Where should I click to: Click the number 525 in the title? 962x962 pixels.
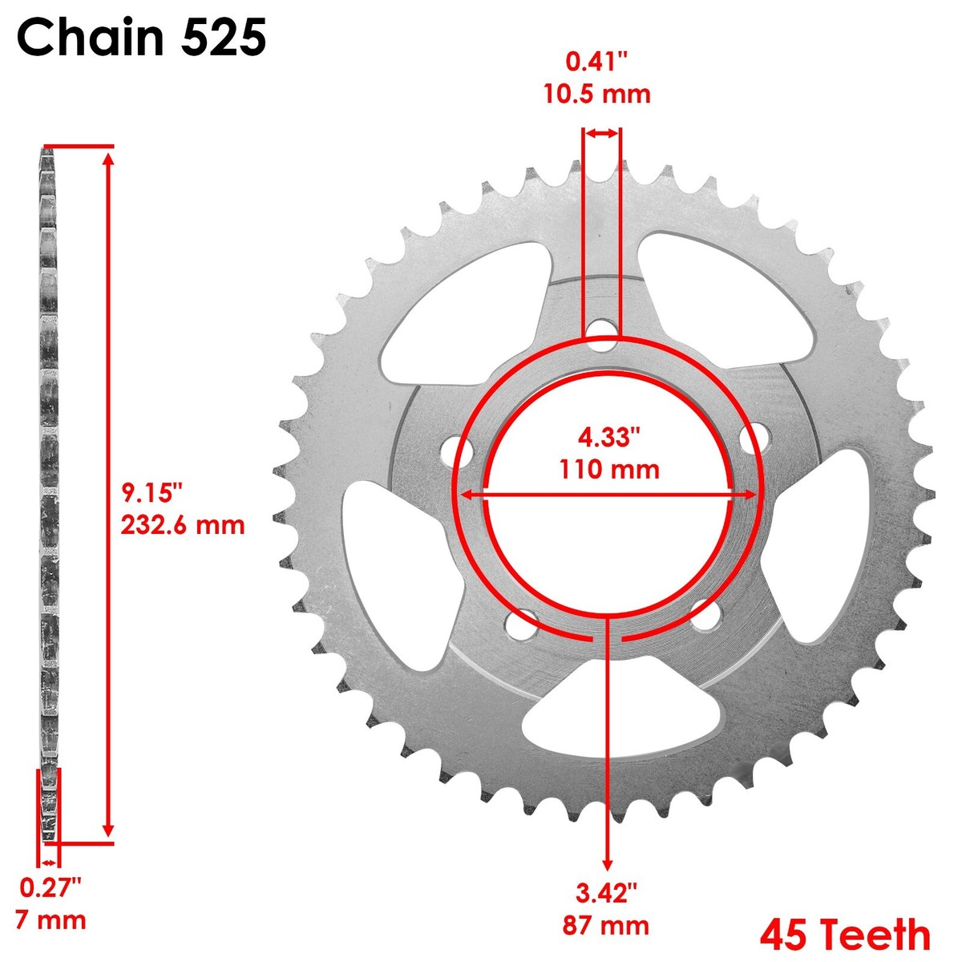pos(221,38)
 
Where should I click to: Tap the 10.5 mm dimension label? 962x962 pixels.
pos(597,94)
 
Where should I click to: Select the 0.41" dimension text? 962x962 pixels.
pos(597,61)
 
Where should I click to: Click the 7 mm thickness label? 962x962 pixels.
pos(50,919)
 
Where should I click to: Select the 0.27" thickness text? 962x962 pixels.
pos(51,887)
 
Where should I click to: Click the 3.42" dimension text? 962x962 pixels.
pos(606,892)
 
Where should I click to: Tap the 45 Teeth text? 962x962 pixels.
pos(845,935)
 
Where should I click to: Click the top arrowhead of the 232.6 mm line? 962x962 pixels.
pos(109,156)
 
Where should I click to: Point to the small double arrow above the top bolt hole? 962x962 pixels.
pos(600,134)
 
